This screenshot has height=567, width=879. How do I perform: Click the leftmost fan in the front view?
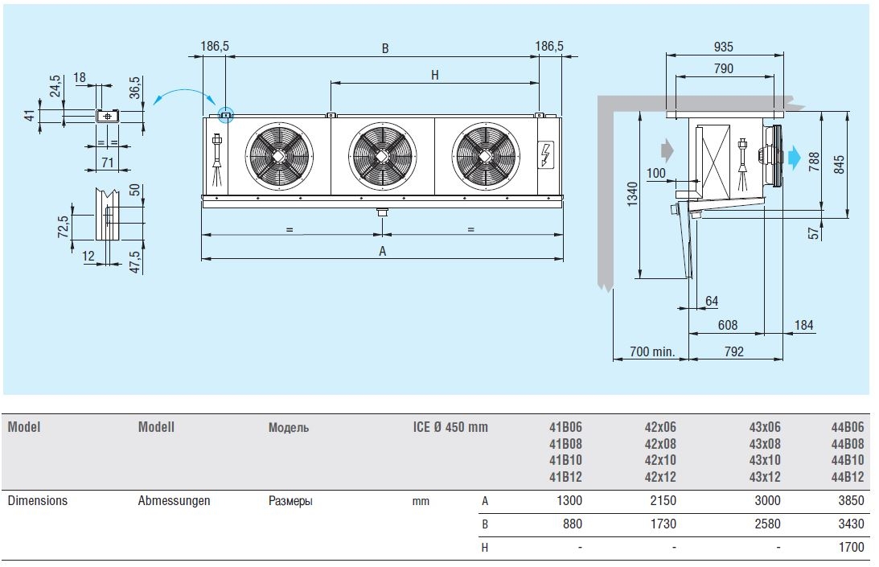point(279,155)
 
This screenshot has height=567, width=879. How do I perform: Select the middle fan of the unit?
point(383,155)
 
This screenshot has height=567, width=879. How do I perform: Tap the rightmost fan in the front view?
point(485,155)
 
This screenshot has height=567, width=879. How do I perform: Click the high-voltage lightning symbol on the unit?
point(547,154)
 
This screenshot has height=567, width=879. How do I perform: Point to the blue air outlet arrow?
point(795,158)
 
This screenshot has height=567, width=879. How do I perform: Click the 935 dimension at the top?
point(723,47)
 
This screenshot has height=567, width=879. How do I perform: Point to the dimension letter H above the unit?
point(434,76)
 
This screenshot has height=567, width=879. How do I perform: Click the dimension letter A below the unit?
point(383,251)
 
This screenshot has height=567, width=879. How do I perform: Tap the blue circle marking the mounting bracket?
point(225,114)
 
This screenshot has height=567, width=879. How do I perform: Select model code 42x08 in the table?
point(660,444)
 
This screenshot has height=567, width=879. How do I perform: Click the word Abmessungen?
point(174,500)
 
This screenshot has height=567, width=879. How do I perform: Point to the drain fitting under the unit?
point(381,213)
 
